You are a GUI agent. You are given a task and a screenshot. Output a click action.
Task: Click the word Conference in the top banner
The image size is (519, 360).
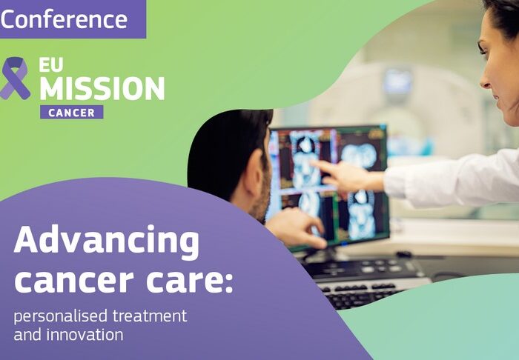(x=65, y=19)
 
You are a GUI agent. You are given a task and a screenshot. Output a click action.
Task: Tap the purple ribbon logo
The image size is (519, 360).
(x=15, y=78)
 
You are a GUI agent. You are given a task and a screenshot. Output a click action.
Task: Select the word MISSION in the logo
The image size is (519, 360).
(x=102, y=89)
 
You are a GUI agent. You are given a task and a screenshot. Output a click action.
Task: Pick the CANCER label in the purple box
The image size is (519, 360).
(x=71, y=113)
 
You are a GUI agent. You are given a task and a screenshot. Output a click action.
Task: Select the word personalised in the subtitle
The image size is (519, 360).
(x=59, y=316)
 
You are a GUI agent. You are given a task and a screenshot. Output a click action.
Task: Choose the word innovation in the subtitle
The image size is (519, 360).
(x=83, y=335)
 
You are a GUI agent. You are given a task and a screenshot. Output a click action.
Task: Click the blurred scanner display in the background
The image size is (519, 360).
(x=397, y=82)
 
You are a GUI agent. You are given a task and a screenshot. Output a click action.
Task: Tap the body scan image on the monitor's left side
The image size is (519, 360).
(x=304, y=159)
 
